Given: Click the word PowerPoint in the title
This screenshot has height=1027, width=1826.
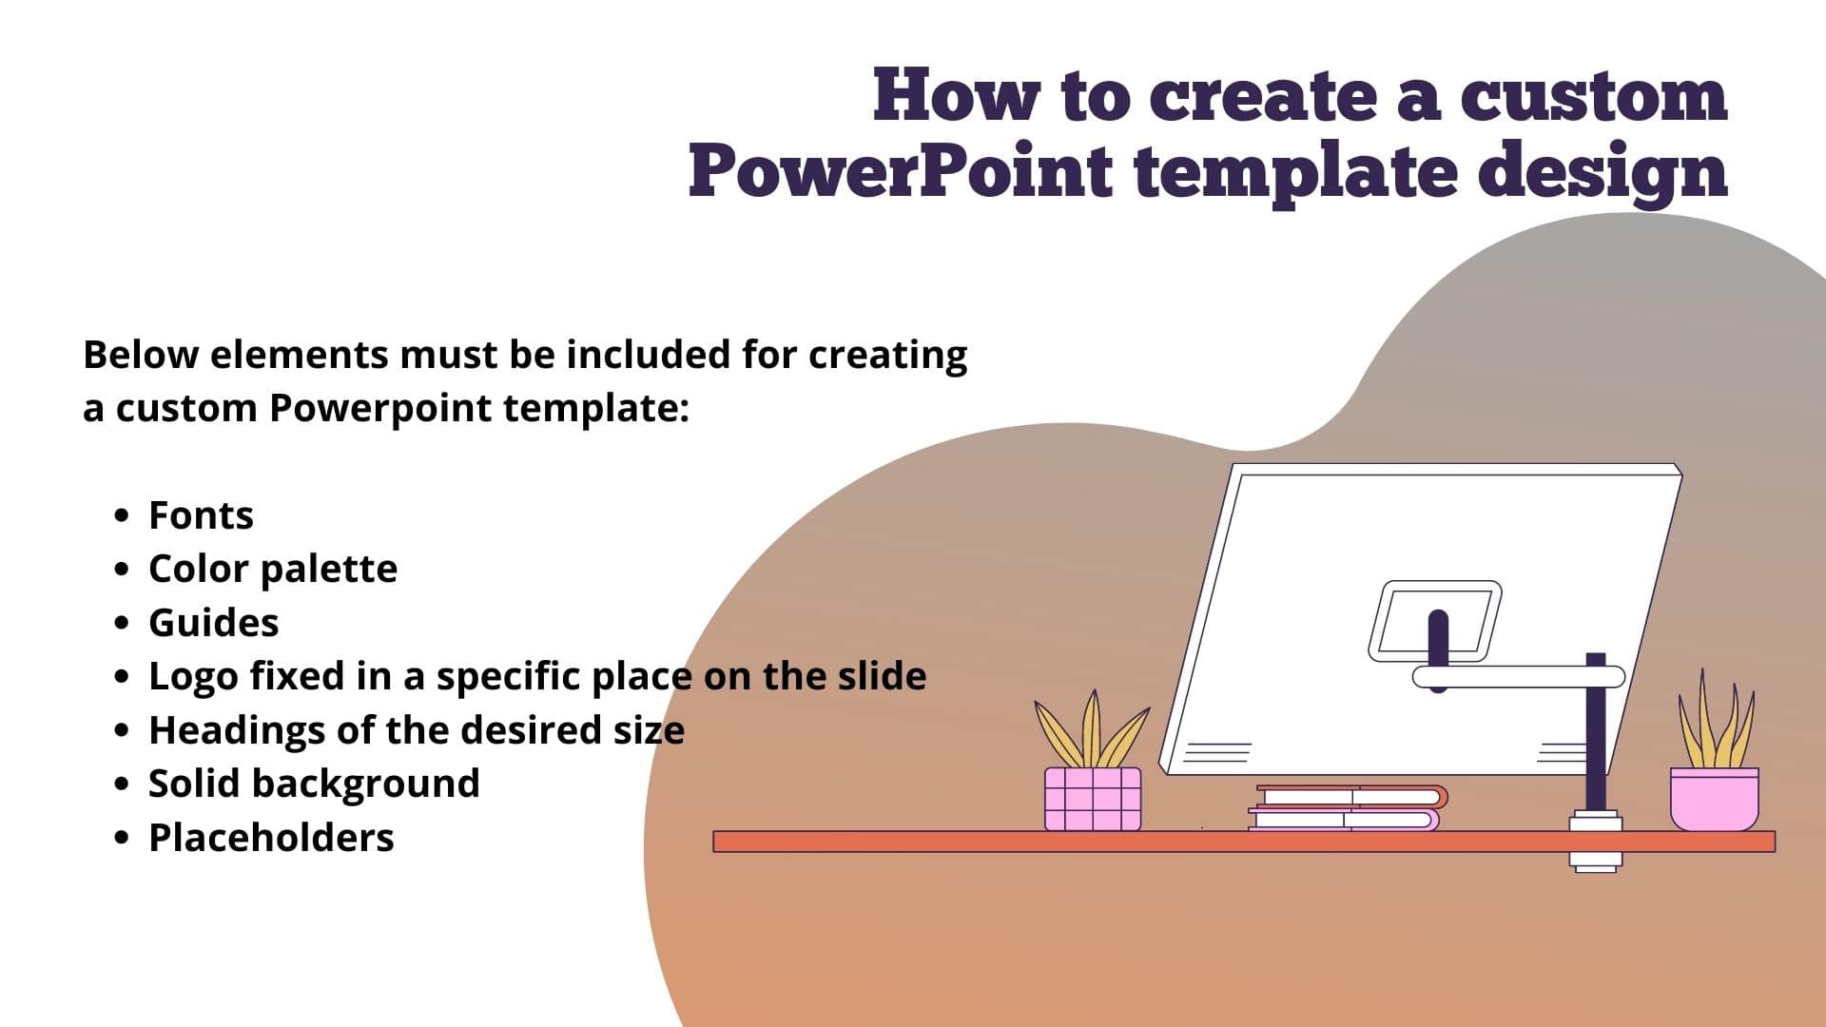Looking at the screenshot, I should [900, 171].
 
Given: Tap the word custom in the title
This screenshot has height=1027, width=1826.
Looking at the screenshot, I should [1593, 95].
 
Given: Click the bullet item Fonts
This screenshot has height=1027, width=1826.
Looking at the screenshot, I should [201, 515].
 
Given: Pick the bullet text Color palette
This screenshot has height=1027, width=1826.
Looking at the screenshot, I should [273, 569].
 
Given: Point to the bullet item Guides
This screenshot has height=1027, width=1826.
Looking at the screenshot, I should [213, 623].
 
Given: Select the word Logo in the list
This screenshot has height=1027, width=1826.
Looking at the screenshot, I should [193, 676].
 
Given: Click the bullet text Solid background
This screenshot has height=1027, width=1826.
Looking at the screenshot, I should [314, 784].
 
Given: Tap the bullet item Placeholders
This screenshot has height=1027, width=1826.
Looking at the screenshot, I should [271, 838].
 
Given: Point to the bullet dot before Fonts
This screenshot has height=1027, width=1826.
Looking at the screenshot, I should [121, 516].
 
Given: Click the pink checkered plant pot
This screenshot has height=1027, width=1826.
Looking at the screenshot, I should [1093, 799].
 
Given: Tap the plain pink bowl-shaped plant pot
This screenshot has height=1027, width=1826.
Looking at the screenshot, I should [1714, 799].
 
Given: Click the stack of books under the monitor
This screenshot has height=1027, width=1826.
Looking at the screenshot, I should [1349, 808].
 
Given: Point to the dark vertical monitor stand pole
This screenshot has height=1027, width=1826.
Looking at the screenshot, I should [1596, 732].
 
